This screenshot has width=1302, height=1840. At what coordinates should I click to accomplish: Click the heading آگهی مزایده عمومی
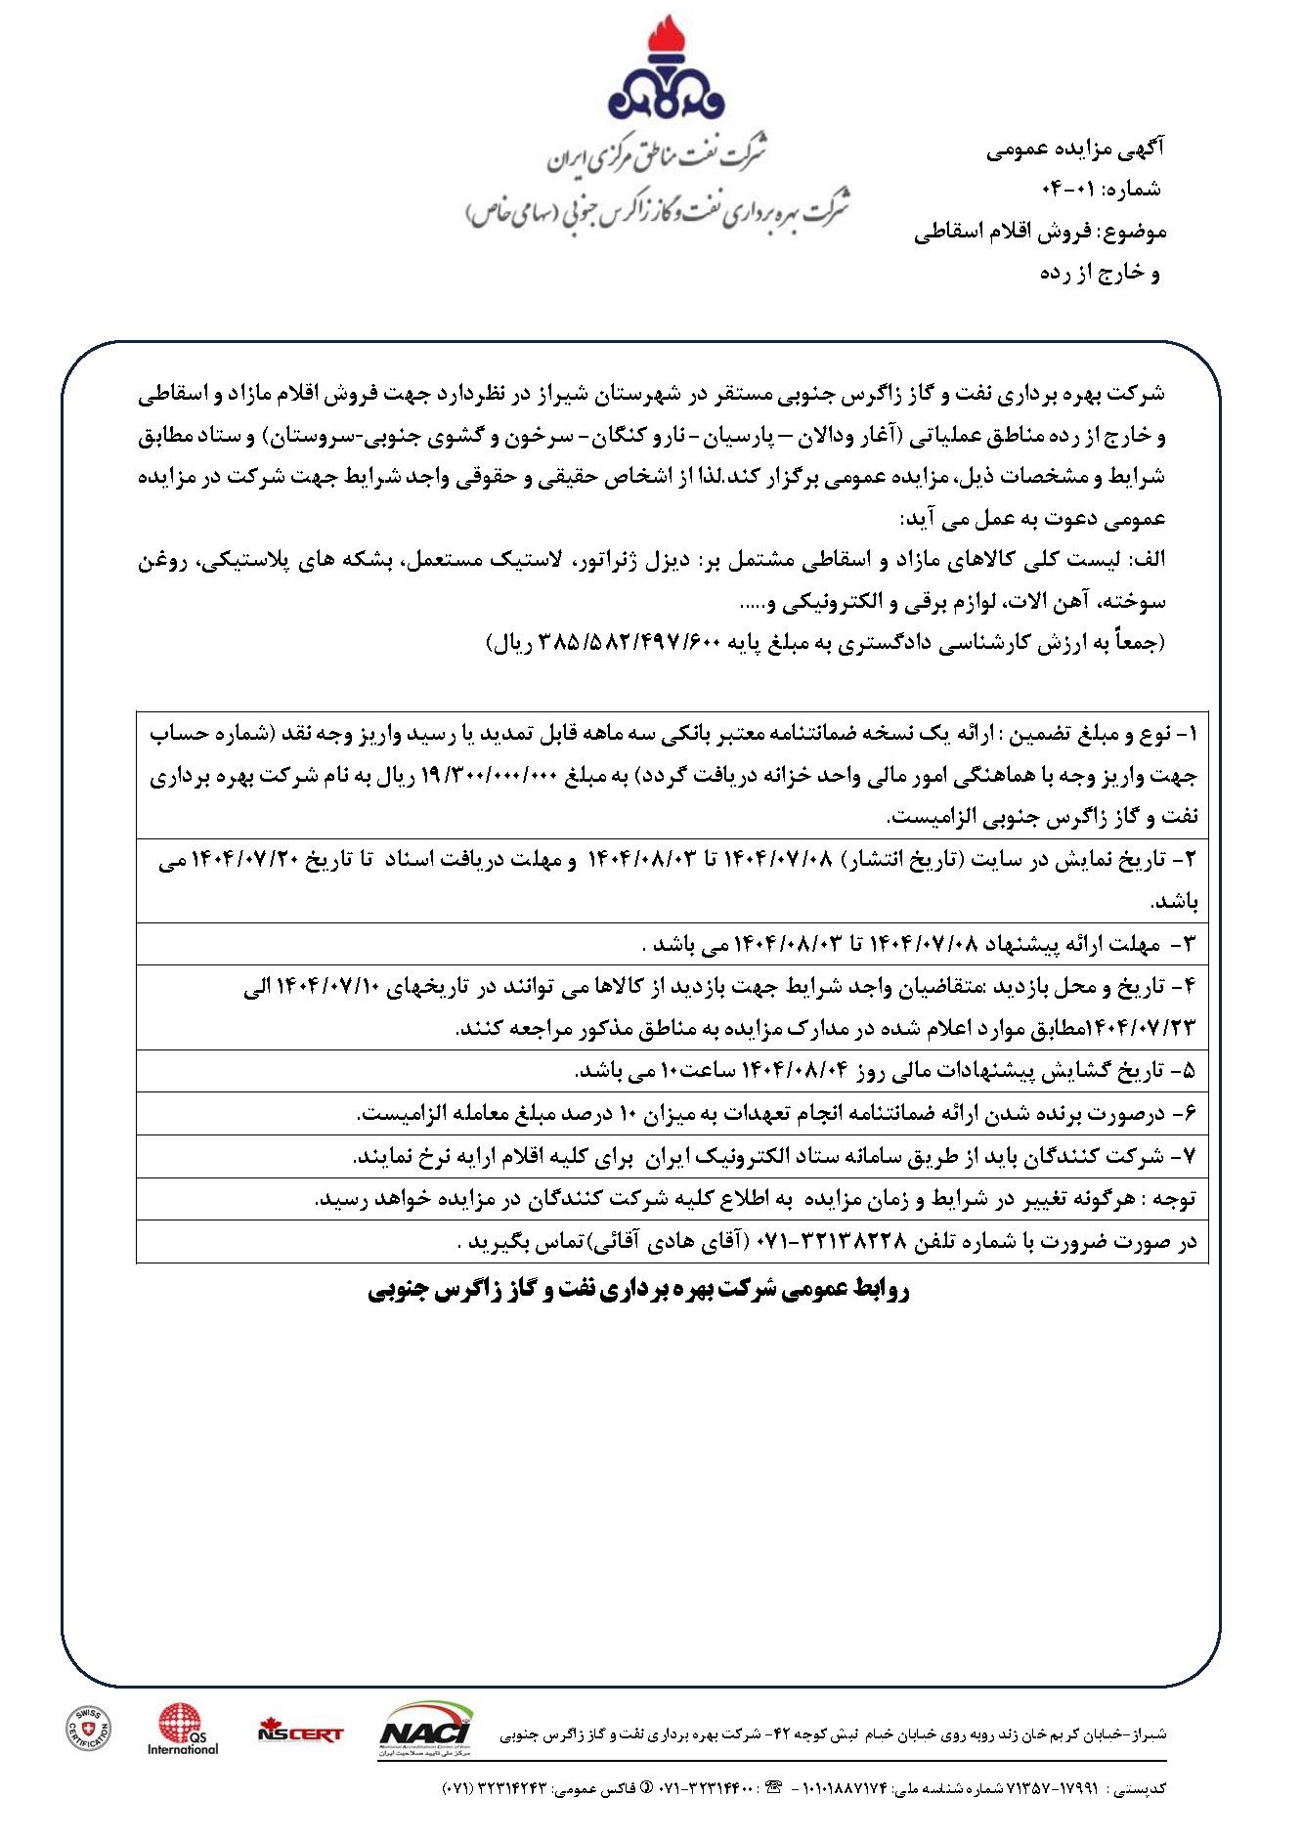1075,150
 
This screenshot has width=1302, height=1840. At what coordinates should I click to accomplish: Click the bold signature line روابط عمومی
639,1291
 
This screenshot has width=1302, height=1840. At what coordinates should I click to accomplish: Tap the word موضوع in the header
1133,233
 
